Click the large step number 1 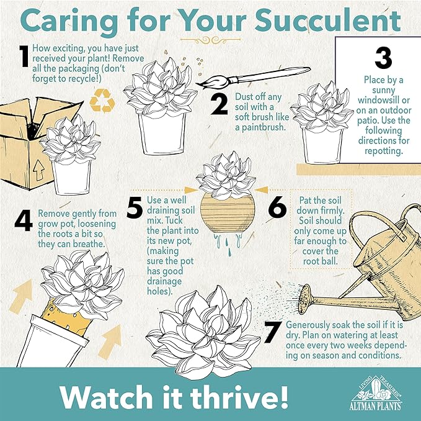coord(25,56)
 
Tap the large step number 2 coord(219,105)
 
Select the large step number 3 coord(383,58)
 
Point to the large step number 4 coord(24,222)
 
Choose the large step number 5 coord(135,207)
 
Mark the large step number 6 coord(277,207)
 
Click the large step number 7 coord(273,332)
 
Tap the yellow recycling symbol coord(102,101)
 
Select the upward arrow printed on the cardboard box coord(38,170)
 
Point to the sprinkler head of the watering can coord(304,299)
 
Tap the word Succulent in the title coord(327,21)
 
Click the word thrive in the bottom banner coord(231,397)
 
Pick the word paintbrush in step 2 coord(260,127)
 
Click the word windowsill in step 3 coord(384,100)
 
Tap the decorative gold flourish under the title coord(211,40)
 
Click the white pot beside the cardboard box coord(72,178)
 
